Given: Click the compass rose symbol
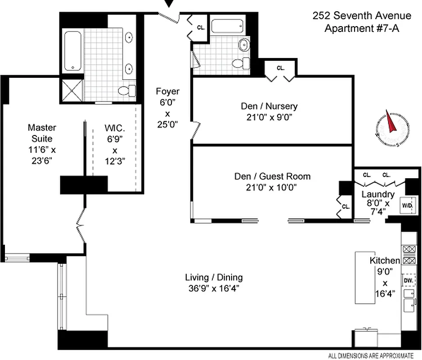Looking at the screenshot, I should click(x=391, y=127).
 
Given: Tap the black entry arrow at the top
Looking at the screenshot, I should click(x=170, y=4).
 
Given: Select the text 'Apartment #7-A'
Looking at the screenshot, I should click(x=362, y=28).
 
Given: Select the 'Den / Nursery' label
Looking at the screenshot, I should click(x=268, y=107).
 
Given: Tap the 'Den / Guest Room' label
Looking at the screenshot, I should click(x=272, y=176).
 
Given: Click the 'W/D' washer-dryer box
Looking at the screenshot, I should click(x=407, y=205).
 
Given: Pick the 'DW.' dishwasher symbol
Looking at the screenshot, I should click(x=408, y=280).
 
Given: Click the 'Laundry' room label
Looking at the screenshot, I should click(x=378, y=195).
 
